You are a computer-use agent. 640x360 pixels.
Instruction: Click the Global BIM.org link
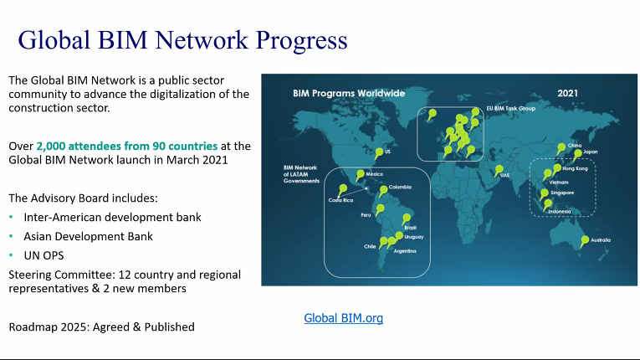(x=343, y=318)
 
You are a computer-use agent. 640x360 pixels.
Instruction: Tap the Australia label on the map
(x=601, y=241)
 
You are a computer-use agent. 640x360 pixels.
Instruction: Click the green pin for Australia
(x=586, y=239)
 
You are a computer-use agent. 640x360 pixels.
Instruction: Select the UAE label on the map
(x=504, y=175)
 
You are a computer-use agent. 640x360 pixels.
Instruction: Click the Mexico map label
(x=374, y=174)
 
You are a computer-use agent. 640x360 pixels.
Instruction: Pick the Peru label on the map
(x=366, y=215)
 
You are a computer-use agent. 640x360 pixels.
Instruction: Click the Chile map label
(x=369, y=246)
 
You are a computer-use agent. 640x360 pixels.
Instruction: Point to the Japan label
(x=591, y=152)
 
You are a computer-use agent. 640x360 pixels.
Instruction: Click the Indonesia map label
(x=560, y=211)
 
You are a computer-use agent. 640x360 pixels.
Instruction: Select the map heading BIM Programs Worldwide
(x=349, y=93)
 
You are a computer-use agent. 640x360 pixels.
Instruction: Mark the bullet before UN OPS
(x=12, y=255)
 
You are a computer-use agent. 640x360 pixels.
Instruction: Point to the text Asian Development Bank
(x=88, y=236)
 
